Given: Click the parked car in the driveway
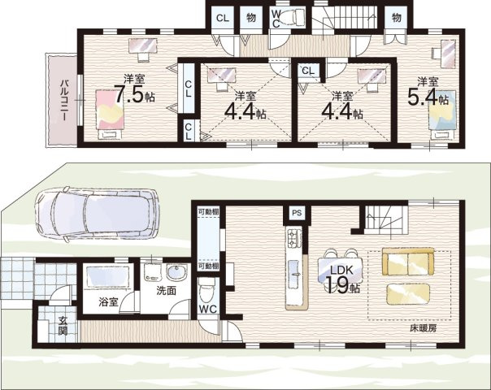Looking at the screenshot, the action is click(97, 214).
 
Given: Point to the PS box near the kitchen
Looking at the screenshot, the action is click(297, 213).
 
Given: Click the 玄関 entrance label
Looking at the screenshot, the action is click(63, 326).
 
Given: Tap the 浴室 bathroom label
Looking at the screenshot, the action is click(108, 302).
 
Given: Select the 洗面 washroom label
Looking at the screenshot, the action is click(167, 291).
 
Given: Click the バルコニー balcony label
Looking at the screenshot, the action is click(64, 101).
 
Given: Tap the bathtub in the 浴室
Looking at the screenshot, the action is click(108, 276).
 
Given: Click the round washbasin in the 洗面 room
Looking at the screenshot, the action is click(176, 273).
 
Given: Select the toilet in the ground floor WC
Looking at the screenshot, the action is click(206, 291).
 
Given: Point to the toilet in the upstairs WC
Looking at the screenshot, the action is click(293, 16).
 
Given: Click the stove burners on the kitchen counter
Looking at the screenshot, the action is click(293, 237).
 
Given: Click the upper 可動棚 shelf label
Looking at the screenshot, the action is click(208, 211).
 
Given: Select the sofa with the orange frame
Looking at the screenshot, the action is click(408, 262).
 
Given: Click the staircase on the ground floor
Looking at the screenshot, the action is click(387, 219).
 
